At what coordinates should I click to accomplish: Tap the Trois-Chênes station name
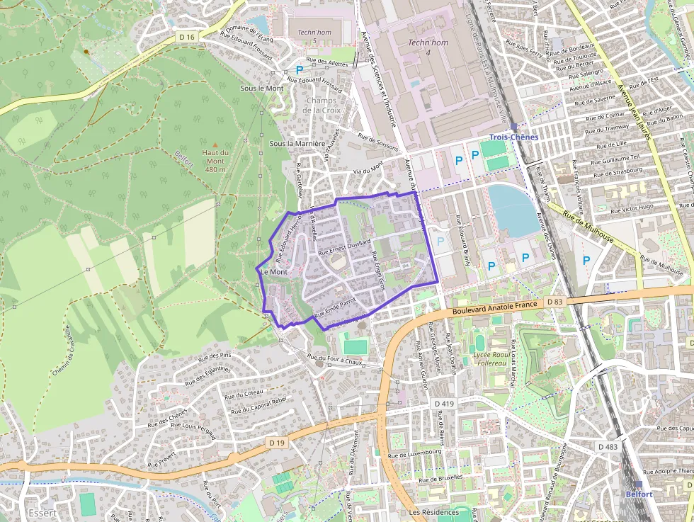513,137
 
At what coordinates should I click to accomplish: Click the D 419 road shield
443,403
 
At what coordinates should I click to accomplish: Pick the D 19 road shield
277,442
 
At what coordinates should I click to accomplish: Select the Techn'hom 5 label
314,37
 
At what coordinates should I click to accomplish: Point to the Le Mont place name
275,272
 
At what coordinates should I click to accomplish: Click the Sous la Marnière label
297,143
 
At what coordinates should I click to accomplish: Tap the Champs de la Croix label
322,105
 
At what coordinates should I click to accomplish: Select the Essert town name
42,513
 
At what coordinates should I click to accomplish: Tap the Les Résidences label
430,511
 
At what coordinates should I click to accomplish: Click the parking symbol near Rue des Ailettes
300,69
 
